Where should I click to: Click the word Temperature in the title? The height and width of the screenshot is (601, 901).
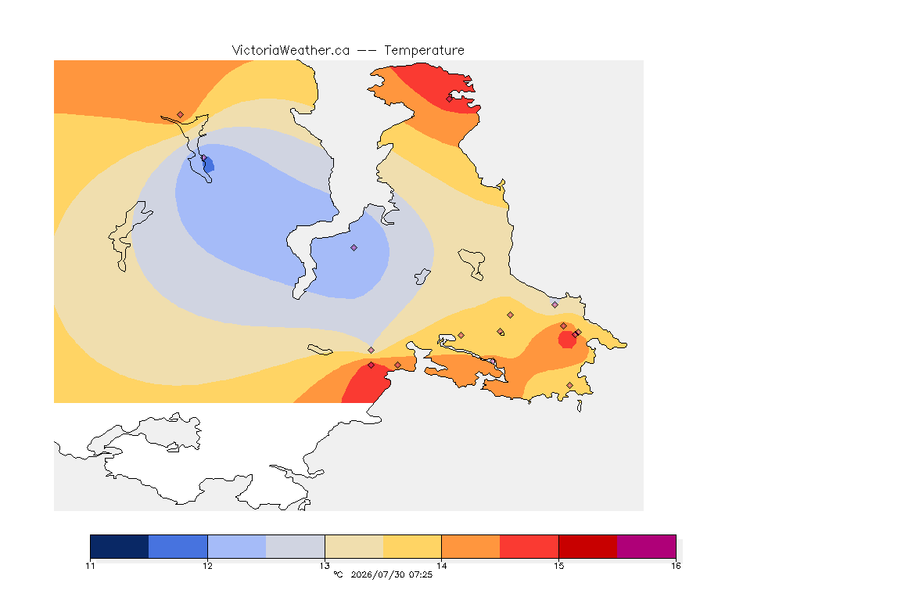(424, 51)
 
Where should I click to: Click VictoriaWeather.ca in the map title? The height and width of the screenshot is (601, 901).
(291, 51)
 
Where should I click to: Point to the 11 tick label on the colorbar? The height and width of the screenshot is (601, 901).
(90, 566)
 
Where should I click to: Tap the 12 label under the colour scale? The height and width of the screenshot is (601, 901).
(207, 566)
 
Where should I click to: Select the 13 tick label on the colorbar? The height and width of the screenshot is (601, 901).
(325, 566)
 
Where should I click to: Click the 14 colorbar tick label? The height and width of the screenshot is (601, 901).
(441, 566)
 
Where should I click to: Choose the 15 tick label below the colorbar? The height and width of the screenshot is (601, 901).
(558, 566)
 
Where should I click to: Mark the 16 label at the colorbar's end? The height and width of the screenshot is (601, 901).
(676, 566)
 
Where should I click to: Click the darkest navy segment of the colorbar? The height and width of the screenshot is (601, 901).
(120, 546)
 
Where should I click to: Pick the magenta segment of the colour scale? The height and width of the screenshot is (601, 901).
(647, 546)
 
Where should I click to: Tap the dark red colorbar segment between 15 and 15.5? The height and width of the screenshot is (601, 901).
(588, 546)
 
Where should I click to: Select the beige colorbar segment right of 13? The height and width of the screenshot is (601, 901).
(354, 546)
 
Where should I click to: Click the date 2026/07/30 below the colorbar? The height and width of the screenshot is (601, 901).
(377, 574)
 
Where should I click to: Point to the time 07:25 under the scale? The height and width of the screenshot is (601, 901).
(421, 574)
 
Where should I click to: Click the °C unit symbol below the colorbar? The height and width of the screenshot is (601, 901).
(338, 574)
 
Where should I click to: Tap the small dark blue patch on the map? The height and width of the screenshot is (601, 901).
(209, 166)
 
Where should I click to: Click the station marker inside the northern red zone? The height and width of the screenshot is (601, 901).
(450, 99)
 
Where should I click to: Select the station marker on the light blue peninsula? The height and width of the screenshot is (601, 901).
(354, 248)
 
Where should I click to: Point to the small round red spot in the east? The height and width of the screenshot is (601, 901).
(567, 340)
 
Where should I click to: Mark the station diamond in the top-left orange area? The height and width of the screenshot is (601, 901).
(181, 115)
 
